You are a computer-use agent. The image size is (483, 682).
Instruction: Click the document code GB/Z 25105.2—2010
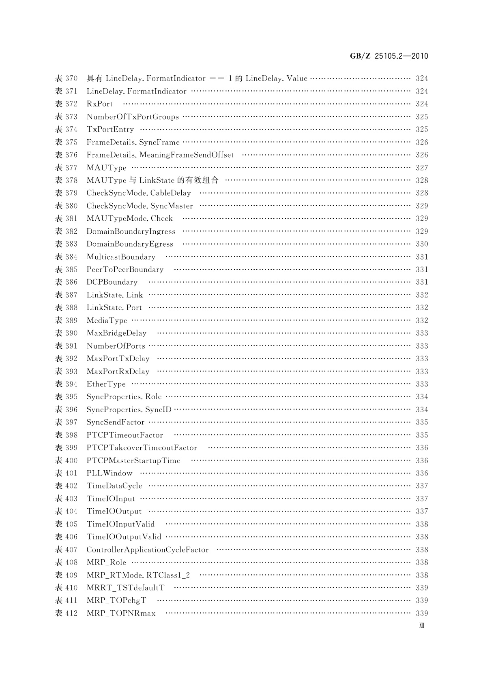389,56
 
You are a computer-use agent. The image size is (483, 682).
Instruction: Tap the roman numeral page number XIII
421,625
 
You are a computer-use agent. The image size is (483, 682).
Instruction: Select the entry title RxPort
99,104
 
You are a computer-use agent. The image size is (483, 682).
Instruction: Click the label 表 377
66,168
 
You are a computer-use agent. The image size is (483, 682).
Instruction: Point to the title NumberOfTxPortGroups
133,117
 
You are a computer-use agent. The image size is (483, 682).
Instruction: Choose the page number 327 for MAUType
422,168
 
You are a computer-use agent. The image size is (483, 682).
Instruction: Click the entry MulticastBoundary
121,257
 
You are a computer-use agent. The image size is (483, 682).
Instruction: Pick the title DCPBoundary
112,282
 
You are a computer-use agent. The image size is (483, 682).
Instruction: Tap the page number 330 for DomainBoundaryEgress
422,244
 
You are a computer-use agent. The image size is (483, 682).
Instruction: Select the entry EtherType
106,384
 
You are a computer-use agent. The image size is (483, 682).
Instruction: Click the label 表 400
66,460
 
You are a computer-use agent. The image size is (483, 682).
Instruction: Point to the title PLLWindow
109,473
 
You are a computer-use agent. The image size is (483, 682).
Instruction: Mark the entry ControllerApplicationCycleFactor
148,550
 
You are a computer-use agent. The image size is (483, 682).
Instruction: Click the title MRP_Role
106,563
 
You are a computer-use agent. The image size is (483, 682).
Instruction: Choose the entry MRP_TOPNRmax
121,614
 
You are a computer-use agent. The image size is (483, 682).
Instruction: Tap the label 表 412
66,614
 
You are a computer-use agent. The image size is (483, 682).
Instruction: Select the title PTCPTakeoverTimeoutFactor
142,448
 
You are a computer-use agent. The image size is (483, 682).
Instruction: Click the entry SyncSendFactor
116,422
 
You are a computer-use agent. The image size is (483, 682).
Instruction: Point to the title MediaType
107,321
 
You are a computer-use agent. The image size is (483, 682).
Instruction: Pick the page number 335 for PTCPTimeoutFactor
422,435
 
